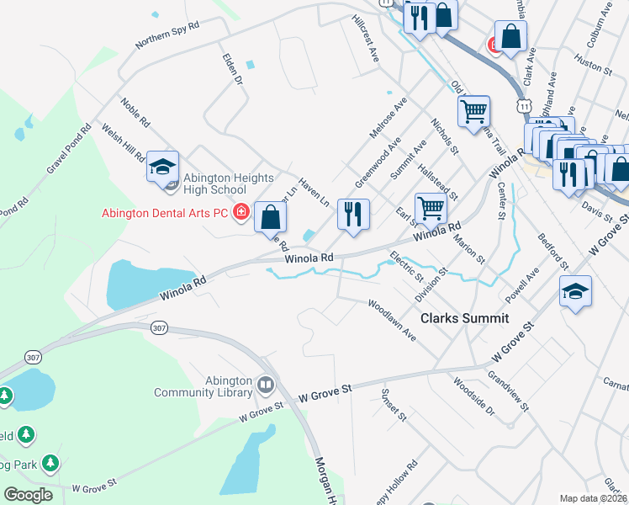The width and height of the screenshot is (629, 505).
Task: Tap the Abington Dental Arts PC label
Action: tap(166, 213)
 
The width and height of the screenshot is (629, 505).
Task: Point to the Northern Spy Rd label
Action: tap(166, 38)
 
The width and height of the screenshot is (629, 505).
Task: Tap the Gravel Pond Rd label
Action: tap(68, 150)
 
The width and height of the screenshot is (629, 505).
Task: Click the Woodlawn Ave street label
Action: tap(392, 321)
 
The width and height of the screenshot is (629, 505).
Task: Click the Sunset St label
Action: tap(394, 405)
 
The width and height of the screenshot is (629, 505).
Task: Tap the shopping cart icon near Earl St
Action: tap(430, 207)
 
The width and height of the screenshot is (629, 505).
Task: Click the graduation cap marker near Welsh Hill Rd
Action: tap(162, 165)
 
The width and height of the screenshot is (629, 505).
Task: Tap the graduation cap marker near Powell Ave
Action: tap(575, 291)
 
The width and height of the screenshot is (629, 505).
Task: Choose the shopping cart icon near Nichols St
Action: tap(473, 110)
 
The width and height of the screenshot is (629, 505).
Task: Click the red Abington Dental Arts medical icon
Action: tap(241, 212)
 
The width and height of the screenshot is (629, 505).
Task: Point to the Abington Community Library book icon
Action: tap(266, 385)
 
